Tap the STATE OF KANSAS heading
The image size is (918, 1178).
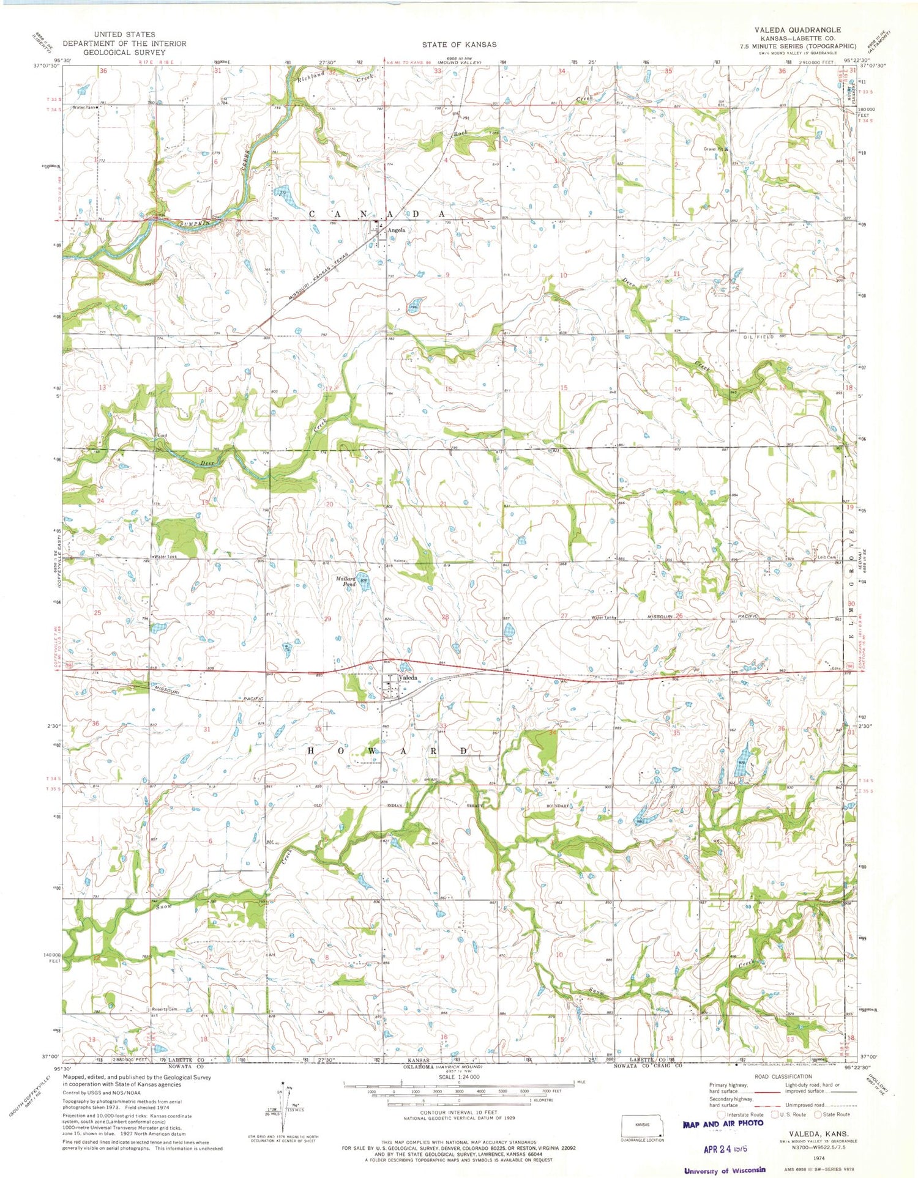(x=459, y=45)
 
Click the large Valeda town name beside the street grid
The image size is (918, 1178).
(x=408, y=678)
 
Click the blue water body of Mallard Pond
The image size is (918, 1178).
(x=365, y=585)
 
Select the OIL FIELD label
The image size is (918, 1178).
(x=759, y=337)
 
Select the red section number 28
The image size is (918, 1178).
(x=446, y=617)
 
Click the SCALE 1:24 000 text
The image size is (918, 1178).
(x=458, y=1077)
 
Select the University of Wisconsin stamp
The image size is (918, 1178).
(x=725, y=1169)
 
